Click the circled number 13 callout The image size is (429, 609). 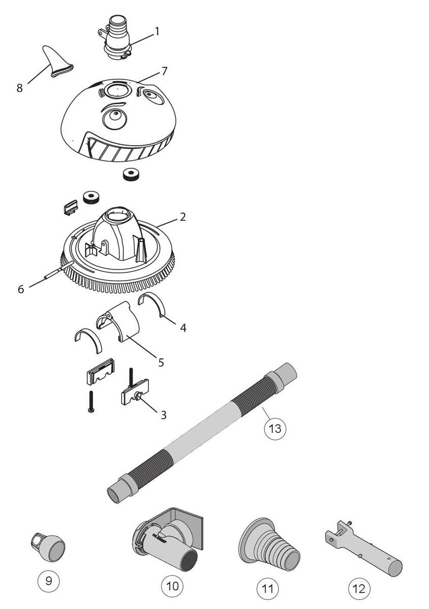(x=274, y=428)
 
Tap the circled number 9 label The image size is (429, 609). (x=48, y=581)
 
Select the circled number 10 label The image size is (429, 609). (x=172, y=587)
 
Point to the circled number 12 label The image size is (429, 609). (x=359, y=589)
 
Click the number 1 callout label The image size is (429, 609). (x=157, y=31)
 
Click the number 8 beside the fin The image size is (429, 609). (x=19, y=88)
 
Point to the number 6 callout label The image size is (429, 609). (x=20, y=290)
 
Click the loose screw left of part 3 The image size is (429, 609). (x=91, y=401)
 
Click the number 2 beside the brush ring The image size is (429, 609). (x=182, y=217)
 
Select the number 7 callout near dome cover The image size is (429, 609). (x=164, y=71)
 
